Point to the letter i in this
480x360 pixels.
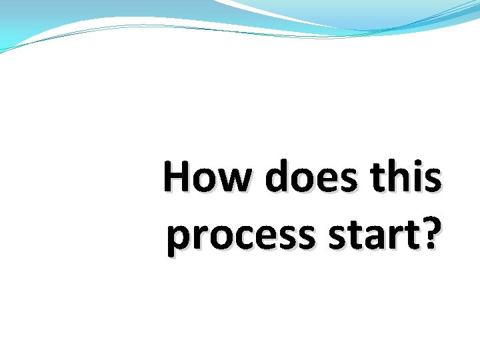coord(417,178)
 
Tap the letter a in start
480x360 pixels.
coord(376,238)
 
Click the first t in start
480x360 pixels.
coord(359,236)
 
